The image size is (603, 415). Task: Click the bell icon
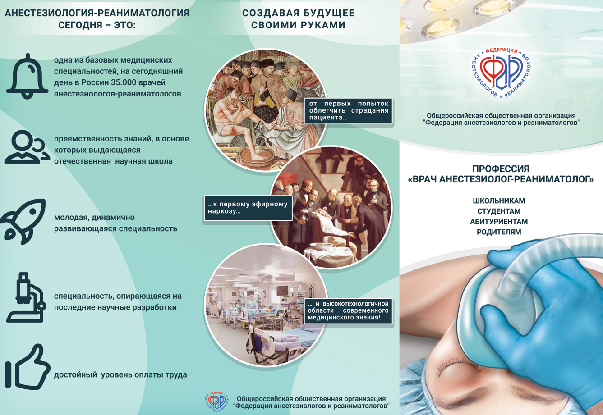pyautogui.click(x=27, y=77)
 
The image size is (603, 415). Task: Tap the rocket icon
pyautogui.click(x=24, y=221)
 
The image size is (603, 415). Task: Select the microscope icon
pyautogui.click(x=26, y=297)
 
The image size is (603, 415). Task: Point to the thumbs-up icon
pyautogui.click(x=27, y=367)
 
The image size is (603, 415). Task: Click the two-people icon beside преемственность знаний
pyautogui.click(x=27, y=147)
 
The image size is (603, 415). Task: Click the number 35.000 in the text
pyautogui.click(x=124, y=82)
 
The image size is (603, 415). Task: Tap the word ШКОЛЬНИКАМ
pyautogui.click(x=499, y=201)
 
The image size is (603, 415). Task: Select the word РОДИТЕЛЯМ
pyautogui.click(x=499, y=232)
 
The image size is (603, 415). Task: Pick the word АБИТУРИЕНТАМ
pyautogui.click(x=499, y=222)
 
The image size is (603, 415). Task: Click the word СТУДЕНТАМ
pyautogui.click(x=499, y=211)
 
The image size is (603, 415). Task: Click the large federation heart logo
pyautogui.click(x=501, y=73)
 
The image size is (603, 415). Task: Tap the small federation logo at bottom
pyautogui.click(x=216, y=402)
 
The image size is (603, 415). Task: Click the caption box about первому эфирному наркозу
pyautogui.click(x=248, y=208)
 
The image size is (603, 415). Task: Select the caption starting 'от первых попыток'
pyautogui.click(x=348, y=110)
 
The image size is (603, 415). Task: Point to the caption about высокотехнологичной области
pyautogui.click(x=348, y=310)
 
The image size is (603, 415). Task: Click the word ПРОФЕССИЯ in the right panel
pyautogui.click(x=501, y=169)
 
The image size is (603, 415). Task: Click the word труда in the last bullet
pyautogui.click(x=176, y=375)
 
